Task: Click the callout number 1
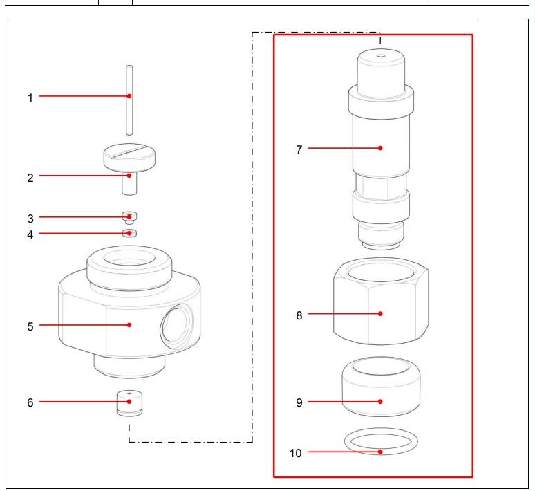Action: click(30, 98)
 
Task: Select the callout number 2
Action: click(30, 178)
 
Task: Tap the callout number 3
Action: click(30, 219)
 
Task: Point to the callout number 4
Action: click(30, 235)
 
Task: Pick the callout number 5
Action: click(30, 326)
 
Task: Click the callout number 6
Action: click(30, 402)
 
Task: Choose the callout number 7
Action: click(299, 149)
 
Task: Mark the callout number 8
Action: click(299, 315)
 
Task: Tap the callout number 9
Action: click(299, 402)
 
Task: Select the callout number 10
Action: click(296, 454)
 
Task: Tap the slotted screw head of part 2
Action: click(129, 153)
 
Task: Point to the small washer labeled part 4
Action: click(129, 233)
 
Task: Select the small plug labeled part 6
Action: click(129, 402)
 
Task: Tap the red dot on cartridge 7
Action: click(380, 147)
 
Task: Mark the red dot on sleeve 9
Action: click(380, 401)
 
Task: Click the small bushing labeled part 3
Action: click(129, 217)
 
